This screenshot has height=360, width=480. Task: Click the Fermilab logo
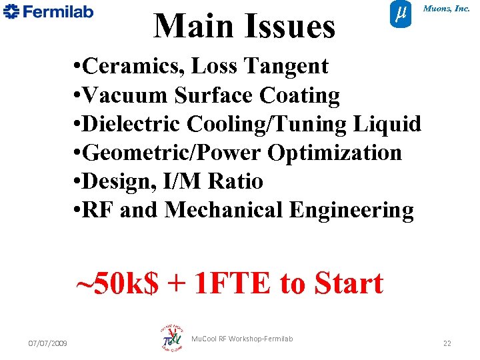click(48, 12)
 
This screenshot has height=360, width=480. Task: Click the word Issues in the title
click(291, 27)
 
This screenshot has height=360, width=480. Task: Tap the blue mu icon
click(399, 15)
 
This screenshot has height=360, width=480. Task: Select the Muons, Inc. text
click(447, 9)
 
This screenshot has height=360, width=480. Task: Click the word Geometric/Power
click(173, 153)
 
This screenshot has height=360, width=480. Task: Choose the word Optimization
click(335, 153)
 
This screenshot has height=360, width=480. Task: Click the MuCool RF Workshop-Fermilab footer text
click(242, 339)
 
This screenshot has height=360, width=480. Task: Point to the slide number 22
click(447, 343)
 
